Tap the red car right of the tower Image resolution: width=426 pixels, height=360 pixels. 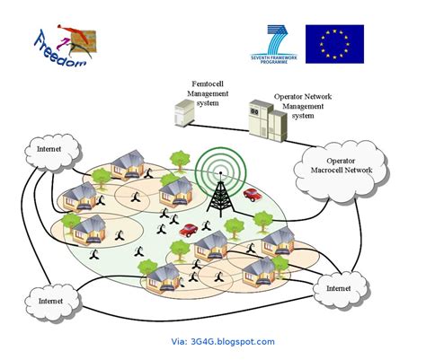pos(253,192)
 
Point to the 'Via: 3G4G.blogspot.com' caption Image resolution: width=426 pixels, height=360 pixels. pos(222,341)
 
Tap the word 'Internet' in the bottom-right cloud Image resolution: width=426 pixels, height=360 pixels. pos(339,288)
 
